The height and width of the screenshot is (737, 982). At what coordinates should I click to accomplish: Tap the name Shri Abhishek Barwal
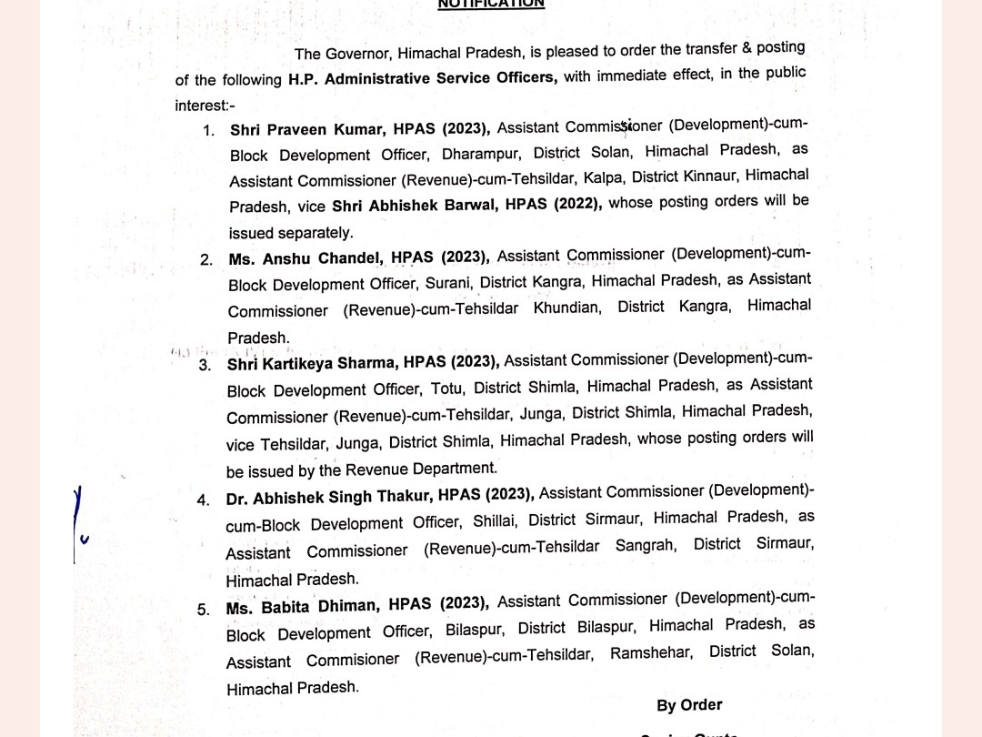[x=414, y=206]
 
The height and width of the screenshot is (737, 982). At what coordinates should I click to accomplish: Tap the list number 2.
[x=206, y=260]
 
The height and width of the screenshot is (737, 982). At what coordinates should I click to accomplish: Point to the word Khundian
[x=566, y=308]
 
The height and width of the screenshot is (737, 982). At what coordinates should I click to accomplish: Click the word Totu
[x=446, y=389]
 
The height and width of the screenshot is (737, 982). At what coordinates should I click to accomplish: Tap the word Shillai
[x=496, y=521]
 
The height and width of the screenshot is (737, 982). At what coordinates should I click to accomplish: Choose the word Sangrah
[x=646, y=547]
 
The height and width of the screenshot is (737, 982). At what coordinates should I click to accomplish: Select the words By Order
[x=689, y=705]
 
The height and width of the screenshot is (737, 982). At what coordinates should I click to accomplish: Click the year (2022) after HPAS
[x=576, y=204]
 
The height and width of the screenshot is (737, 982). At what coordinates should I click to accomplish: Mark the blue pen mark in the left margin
[x=80, y=519]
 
